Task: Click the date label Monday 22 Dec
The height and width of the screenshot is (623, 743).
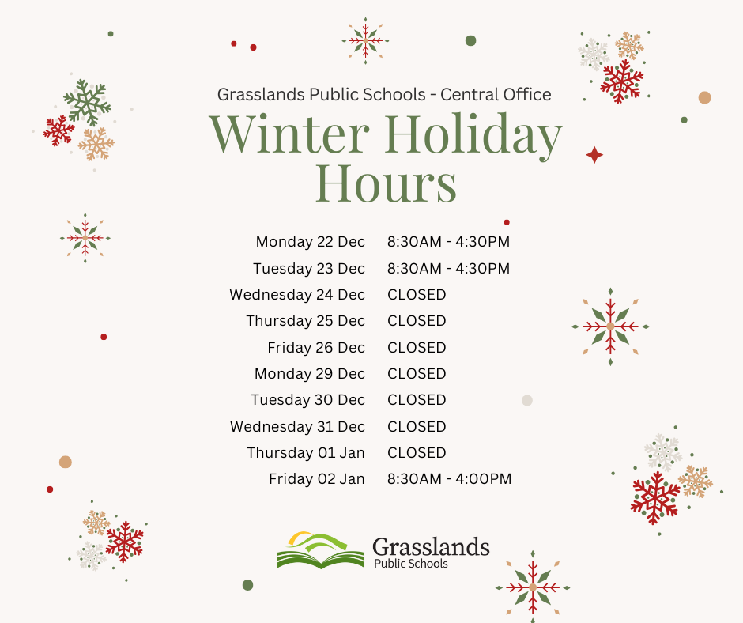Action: click(310, 242)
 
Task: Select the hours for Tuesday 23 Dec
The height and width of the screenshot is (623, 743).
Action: click(448, 268)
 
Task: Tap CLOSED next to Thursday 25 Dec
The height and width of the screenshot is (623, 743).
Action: click(417, 321)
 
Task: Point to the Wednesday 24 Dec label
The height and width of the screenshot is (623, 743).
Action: click(297, 295)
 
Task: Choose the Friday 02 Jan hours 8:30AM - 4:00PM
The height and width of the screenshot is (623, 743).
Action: click(449, 479)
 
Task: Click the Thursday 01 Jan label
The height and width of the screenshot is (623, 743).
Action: click(306, 453)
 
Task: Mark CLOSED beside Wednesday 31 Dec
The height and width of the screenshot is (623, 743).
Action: click(417, 427)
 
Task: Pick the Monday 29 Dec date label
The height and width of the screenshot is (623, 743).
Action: click(310, 374)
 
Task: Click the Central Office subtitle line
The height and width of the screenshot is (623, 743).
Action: click(384, 95)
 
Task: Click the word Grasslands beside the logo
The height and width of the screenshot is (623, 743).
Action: click(430, 546)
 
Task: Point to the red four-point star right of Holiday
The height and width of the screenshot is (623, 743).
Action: click(594, 155)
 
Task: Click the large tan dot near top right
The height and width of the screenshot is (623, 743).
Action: click(704, 97)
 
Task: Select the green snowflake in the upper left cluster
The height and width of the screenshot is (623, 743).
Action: click(87, 101)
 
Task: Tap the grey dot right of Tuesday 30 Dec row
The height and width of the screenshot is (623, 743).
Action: click(527, 400)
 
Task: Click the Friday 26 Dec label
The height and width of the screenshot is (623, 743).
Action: click(316, 348)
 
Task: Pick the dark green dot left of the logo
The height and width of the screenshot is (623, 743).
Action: click(247, 585)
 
